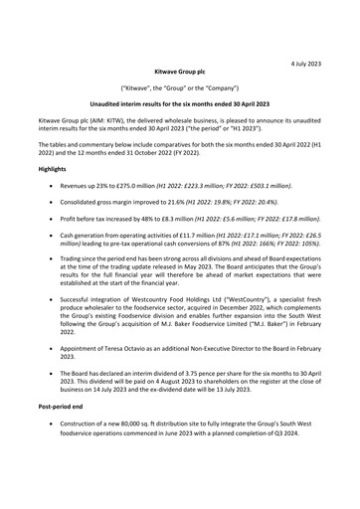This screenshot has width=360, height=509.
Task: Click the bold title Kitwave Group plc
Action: [x=180, y=73]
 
